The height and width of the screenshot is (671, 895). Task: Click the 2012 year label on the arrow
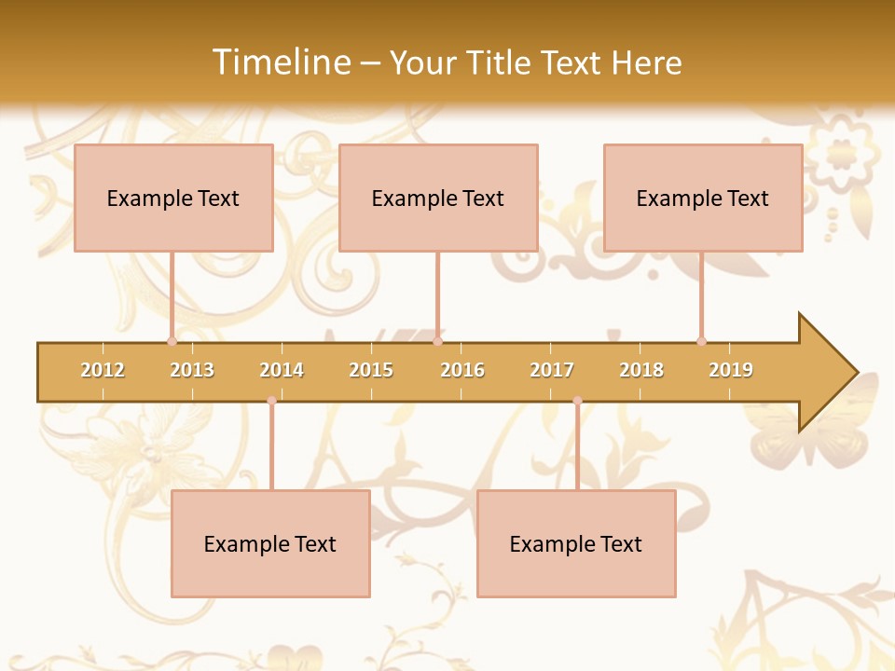click(x=103, y=370)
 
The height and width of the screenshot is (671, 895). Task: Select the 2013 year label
click(x=192, y=370)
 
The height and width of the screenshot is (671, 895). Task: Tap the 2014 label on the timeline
click(x=282, y=370)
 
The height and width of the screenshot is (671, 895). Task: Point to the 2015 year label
click(x=371, y=370)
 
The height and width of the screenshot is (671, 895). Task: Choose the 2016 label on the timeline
click(x=462, y=370)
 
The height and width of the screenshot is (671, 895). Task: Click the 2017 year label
click(x=552, y=370)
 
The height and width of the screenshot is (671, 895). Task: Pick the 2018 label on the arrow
click(x=641, y=370)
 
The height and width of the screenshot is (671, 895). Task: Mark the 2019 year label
click(x=731, y=370)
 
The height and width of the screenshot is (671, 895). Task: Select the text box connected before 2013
click(x=173, y=198)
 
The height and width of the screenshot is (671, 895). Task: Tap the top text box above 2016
click(x=438, y=198)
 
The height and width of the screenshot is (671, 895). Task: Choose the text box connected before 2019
click(x=703, y=198)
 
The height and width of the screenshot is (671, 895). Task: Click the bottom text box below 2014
click(x=270, y=543)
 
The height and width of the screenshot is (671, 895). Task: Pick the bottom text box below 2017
click(x=576, y=543)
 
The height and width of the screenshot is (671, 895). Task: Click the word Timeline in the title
click(x=280, y=62)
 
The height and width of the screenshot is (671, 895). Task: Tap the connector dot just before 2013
click(x=172, y=341)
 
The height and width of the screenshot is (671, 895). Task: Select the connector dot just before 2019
click(x=701, y=341)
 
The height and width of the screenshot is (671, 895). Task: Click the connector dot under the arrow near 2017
click(x=577, y=401)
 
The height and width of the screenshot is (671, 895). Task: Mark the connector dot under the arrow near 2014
click(x=271, y=401)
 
